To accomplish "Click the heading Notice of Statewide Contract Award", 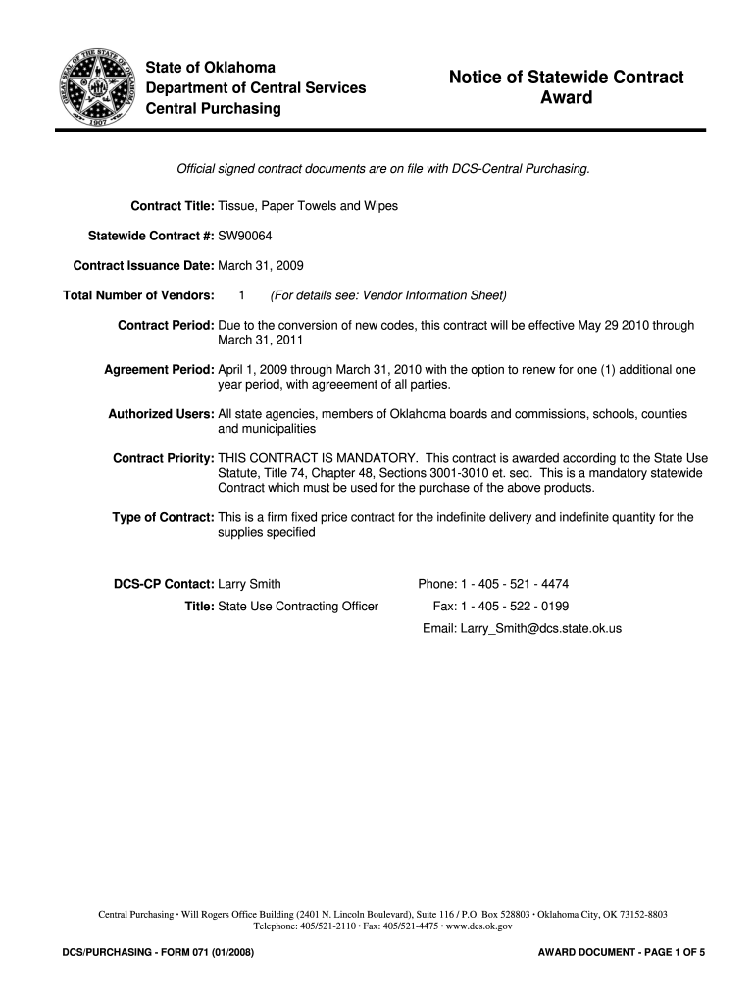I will point(566,87).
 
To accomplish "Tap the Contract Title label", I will point(172,206).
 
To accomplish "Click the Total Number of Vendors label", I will point(138,295).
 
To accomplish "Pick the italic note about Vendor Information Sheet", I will point(388,295).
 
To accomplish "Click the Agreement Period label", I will point(159,370).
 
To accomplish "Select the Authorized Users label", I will point(161,414).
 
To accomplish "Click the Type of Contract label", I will point(163,517).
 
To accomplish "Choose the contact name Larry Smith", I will point(249,584).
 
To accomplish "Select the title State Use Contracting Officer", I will point(297,606).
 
